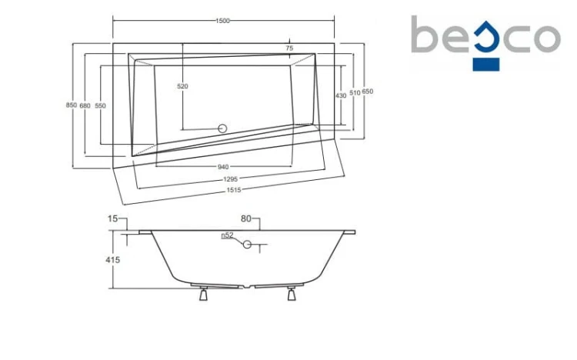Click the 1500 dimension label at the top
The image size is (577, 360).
click(222, 21)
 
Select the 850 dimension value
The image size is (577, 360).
click(72, 105)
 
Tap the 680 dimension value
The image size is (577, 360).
click(85, 105)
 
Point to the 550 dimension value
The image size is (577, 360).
click(100, 105)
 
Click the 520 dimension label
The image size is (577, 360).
click(182, 86)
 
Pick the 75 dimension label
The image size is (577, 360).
click(289, 48)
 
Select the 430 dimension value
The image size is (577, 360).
click(341, 95)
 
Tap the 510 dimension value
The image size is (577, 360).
click(355, 93)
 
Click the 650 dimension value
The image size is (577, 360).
click(367, 92)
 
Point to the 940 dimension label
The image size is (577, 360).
click(223, 167)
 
